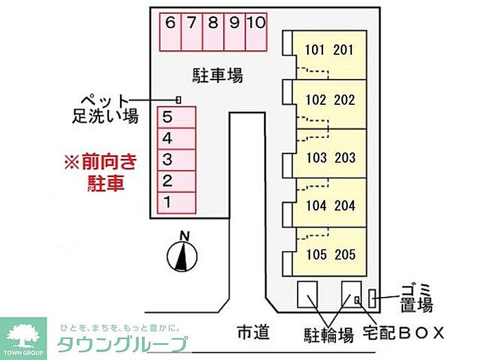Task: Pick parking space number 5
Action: pyautogui.click(x=167, y=117)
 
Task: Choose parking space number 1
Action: pyautogui.click(x=167, y=202)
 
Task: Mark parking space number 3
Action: pyautogui.click(x=167, y=160)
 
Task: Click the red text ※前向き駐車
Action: pyautogui.click(x=101, y=172)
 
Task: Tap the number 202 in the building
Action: pyautogui.click(x=345, y=100)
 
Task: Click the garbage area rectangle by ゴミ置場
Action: pyautogui.click(x=372, y=299)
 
